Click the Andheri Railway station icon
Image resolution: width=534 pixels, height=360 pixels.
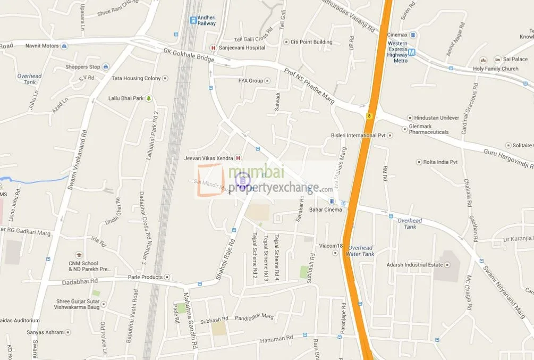pyautogui.click(x=193, y=20)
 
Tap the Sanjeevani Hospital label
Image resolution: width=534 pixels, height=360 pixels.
pyautogui.click(x=244, y=48)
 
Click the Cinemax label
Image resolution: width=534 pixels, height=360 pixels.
pyautogui.click(x=397, y=35)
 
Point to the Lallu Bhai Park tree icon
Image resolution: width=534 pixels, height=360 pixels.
pyautogui.click(x=149, y=98)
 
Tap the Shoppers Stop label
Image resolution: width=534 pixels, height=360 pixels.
pyautogui.click(x=82, y=67)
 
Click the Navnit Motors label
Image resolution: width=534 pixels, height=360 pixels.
pyautogui.click(x=42, y=46)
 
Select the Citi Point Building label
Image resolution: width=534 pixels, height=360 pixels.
pyautogui.click(x=311, y=42)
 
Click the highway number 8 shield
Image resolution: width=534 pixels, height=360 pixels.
pyautogui.click(x=369, y=115)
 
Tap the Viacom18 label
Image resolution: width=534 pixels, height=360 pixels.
pyautogui.click(x=318, y=246)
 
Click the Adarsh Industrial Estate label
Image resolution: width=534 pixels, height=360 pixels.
pyautogui.click(x=414, y=264)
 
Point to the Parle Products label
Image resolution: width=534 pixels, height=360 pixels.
pyautogui.click(x=145, y=277)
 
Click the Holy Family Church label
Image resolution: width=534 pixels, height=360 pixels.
pyautogui.click(x=496, y=69)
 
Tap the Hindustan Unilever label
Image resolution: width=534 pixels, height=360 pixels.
pyautogui.click(x=436, y=118)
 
